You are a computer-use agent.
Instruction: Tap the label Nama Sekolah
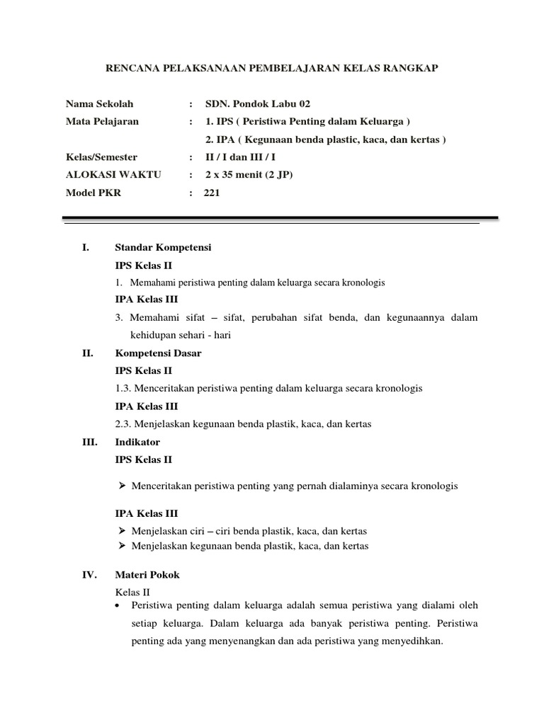click(x=99, y=103)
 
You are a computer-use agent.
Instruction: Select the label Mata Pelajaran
click(x=102, y=121)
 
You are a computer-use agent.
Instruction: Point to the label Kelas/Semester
click(x=101, y=157)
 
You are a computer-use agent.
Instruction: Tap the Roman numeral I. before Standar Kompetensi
click(x=86, y=247)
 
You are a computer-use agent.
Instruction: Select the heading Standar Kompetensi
click(x=163, y=247)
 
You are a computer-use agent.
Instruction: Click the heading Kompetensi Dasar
click(x=158, y=353)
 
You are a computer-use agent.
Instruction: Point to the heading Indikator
click(x=137, y=442)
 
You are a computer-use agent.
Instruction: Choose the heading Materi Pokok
click(x=147, y=575)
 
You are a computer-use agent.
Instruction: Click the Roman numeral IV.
click(x=89, y=575)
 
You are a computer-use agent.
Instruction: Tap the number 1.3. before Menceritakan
click(x=123, y=389)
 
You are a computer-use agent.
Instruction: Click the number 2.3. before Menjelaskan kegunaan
click(x=123, y=424)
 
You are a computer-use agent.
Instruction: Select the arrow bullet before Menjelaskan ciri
click(x=122, y=531)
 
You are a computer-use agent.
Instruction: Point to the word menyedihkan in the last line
click(x=414, y=641)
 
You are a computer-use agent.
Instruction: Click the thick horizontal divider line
click(x=280, y=218)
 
